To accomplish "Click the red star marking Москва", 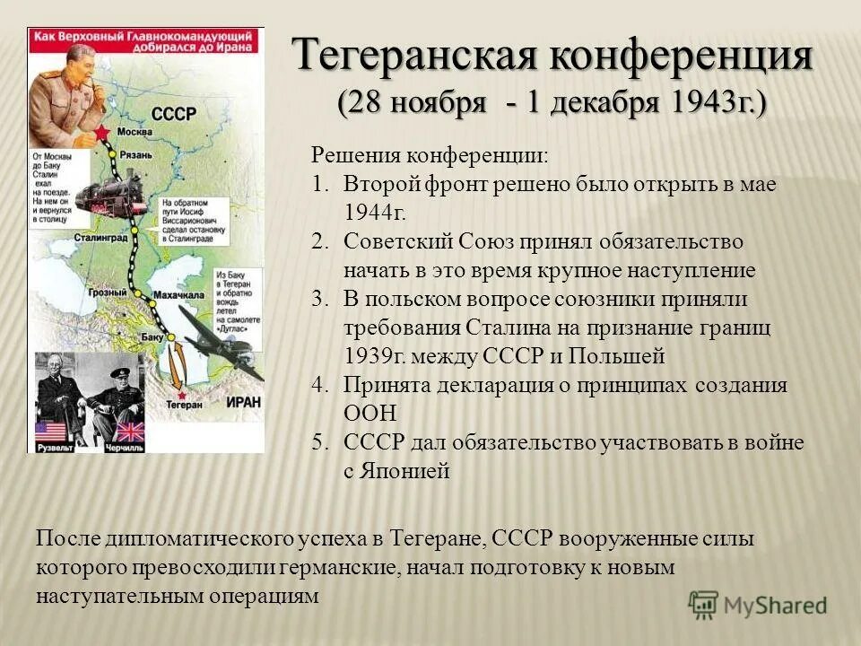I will click(101, 133).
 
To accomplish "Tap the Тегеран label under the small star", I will click(185, 405).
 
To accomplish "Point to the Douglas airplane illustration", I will click(224, 343).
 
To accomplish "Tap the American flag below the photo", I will click(51, 432).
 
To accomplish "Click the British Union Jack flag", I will click(130, 432).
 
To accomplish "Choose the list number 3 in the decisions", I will click(319, 299).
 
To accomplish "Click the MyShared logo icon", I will click(704, 603).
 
